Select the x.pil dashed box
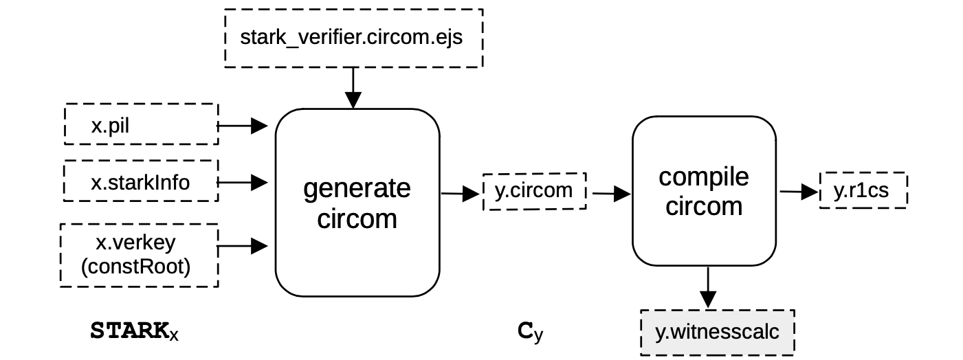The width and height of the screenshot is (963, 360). (141, 124)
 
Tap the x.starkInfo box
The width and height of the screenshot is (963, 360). (141, 181)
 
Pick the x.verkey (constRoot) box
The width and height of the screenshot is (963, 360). (138, 255)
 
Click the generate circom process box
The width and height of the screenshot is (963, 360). (357, 203)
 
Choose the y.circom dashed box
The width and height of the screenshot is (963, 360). (534, 191)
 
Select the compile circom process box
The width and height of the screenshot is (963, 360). (703, 191)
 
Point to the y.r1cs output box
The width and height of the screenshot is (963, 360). (863, 190)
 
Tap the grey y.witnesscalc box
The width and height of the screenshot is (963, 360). (717, 333)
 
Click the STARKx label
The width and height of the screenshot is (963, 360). (135, 331)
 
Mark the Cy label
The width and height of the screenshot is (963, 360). (530, 332)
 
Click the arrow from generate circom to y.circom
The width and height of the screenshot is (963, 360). (460, 194)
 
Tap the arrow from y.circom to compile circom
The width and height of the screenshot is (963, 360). (611, 194)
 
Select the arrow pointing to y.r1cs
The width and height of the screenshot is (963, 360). (799, 193)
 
